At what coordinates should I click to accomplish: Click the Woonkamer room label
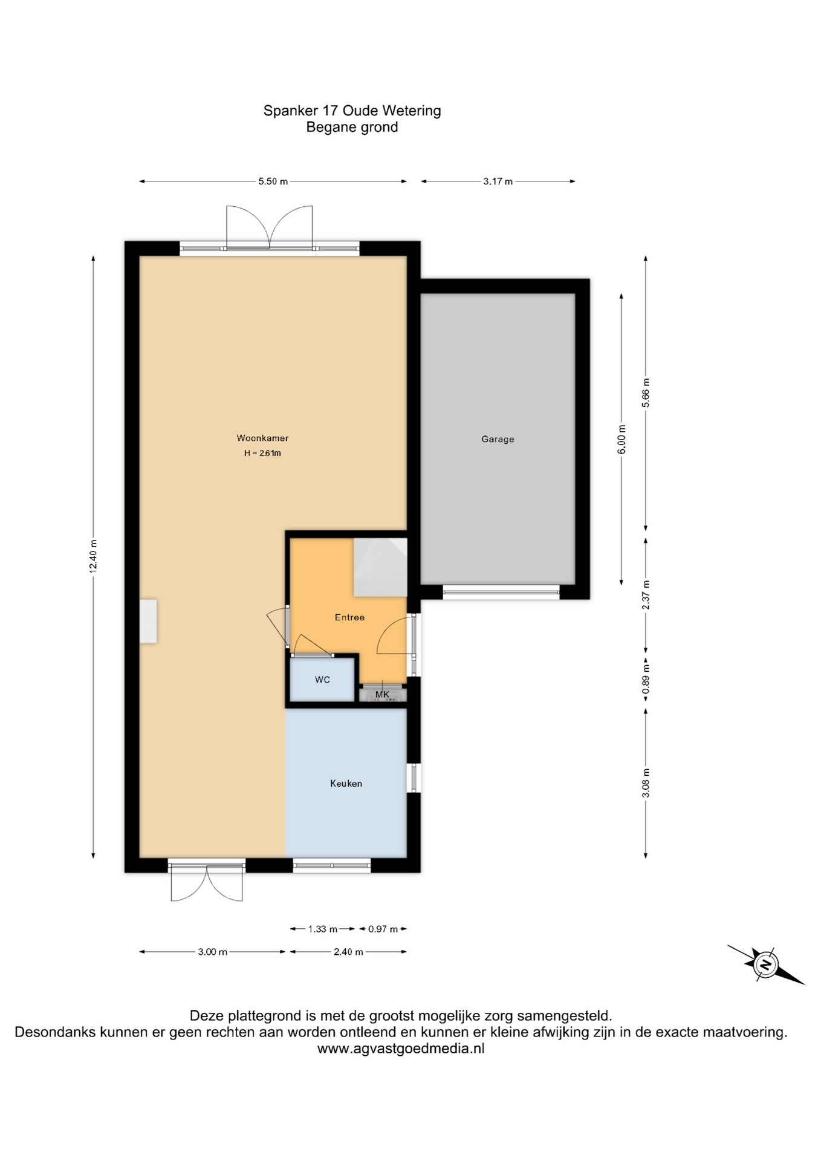coord(262,438)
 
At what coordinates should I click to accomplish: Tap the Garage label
coord(498,439)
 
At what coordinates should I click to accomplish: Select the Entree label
coord(349,617)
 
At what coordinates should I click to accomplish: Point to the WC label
coord(322,680)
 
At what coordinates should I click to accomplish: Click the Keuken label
coord(346,783)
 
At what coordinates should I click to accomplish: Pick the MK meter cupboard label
coord(382,694)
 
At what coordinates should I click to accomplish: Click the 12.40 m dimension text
coord(93,556)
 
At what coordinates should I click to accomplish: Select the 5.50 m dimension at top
coord(273,181)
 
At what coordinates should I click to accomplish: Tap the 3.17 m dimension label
coord(498,181)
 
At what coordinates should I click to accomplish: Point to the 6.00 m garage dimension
coord(621,440)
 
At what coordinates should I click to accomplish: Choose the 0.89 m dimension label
coord(646,679)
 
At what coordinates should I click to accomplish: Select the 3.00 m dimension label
coord(213,952)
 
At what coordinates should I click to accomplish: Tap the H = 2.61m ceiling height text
coord(262,453)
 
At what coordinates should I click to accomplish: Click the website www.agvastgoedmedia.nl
coord(401,1049)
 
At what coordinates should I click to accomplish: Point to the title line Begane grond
coord(352,127)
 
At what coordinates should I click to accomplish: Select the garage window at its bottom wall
coord(501,592)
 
